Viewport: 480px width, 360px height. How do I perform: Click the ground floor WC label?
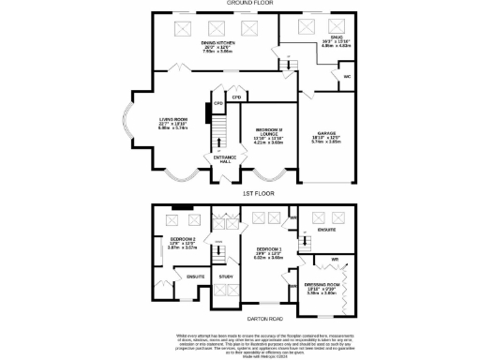point(347,76)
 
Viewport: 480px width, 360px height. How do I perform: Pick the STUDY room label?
point(226,277)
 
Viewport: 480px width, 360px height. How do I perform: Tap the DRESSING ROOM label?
point(322,284)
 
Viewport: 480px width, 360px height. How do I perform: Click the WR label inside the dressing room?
point(334,258)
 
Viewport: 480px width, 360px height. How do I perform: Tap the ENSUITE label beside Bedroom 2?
point(195,277)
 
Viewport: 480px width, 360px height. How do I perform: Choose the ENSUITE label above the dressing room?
point(326,228)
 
